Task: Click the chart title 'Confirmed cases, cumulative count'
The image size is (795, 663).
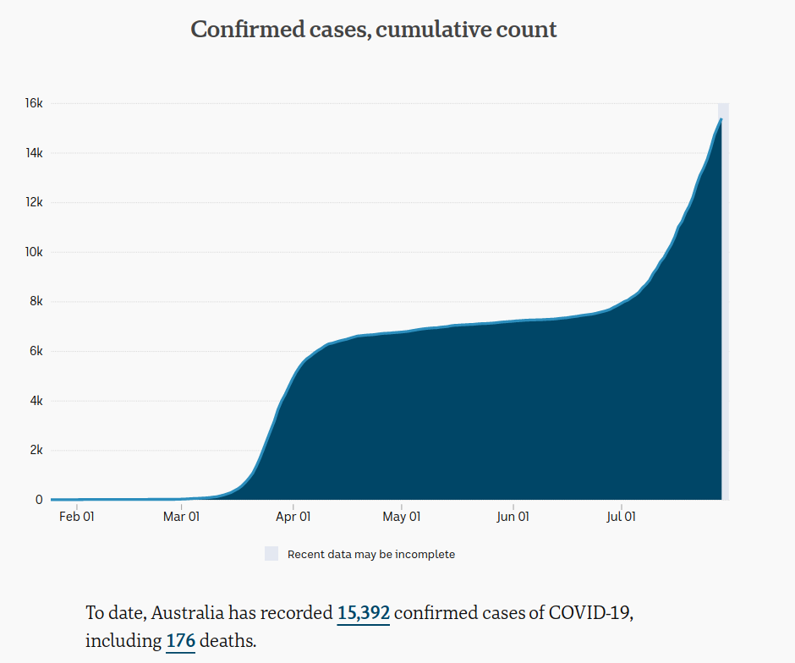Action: point(374,30)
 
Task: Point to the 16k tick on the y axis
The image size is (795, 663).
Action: point(34,103)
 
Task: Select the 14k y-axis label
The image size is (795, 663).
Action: point(34,153)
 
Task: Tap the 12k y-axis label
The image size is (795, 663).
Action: point(34,202)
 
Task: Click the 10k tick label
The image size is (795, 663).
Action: point(34,252)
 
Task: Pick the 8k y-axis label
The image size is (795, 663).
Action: point(36,301)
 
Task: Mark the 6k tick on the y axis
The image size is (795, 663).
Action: point(36,351)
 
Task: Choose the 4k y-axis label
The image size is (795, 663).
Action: point(36,400)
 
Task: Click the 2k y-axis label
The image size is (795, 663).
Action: point(36,450)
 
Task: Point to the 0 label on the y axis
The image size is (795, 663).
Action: point(39,500)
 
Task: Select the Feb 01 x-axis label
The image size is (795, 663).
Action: point(76,516)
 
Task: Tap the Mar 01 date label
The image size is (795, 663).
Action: point(182,516)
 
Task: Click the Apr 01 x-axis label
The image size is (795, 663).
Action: point(293,516)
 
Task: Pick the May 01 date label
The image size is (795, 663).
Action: point(401,516)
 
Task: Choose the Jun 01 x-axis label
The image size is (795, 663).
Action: point(512,516)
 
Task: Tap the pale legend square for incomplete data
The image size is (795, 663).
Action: point(271,554)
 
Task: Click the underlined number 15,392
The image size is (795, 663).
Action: point(363,612)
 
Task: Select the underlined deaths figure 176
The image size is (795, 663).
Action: point(180,641)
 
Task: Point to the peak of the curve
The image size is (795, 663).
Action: point(721,119)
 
